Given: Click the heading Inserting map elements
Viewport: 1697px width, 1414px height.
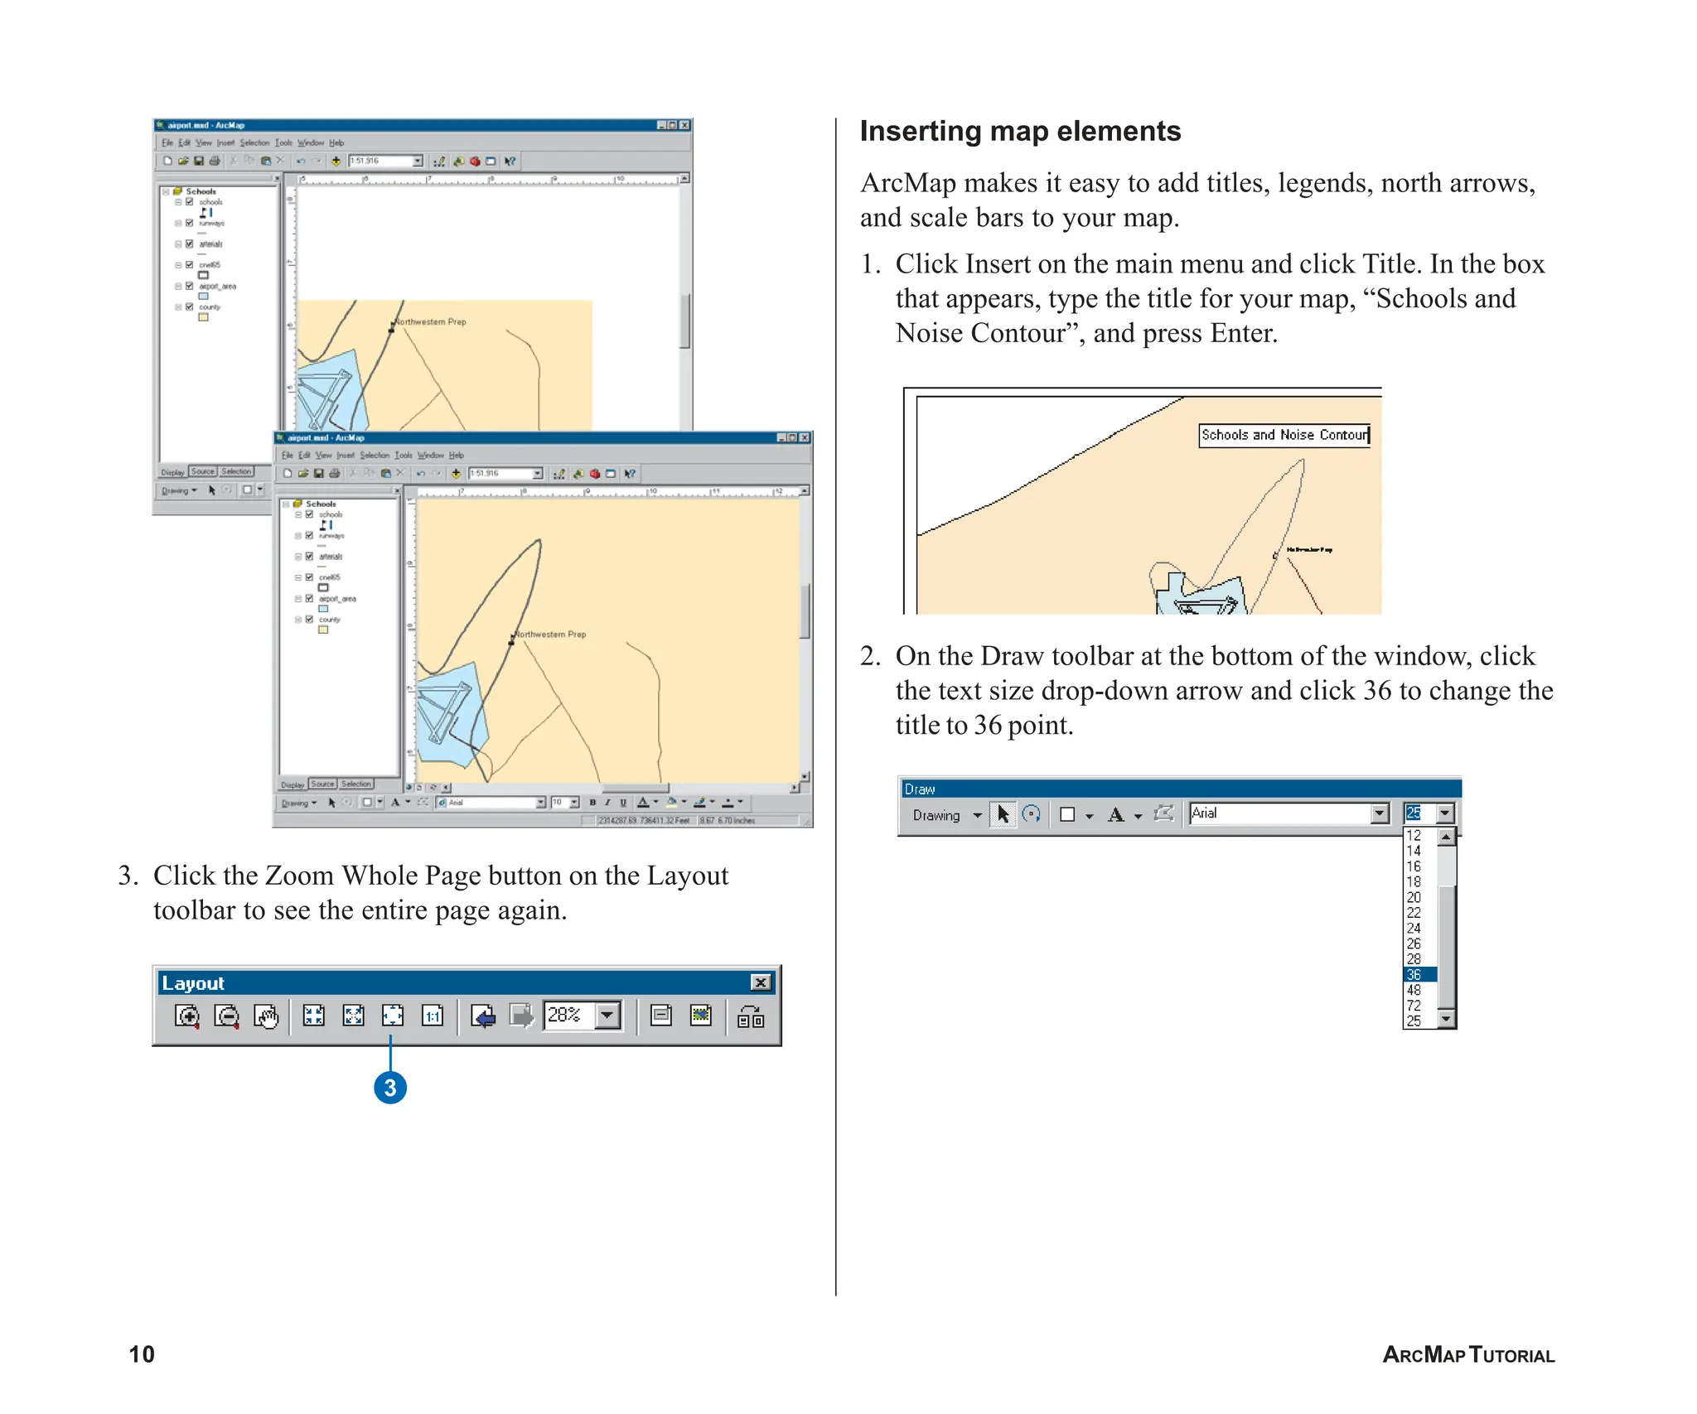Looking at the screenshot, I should click(x=1019, y=132).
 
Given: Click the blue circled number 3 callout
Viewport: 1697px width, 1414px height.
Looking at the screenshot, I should click(x=390, y=1088).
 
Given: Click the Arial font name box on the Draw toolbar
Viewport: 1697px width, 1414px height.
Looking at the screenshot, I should click(x=1279, y=813).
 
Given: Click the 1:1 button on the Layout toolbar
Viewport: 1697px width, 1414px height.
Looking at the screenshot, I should click(x=433, y=1016).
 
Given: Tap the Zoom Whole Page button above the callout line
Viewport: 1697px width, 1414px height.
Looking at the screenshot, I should click(x=392, y=1016).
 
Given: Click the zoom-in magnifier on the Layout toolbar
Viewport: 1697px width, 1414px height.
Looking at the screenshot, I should click(x=187, y=1016).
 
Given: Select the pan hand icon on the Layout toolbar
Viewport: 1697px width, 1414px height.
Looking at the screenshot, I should click(x=266, y=1016).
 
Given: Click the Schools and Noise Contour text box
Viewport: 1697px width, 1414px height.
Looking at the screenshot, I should click(x=1284, y=435).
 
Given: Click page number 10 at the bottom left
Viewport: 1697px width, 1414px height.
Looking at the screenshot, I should click(x=142, y=1354).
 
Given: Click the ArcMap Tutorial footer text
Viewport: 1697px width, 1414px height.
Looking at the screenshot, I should click(x=1467, y=1354).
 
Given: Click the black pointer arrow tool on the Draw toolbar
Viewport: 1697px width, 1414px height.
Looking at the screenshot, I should click(x=1003, y=814).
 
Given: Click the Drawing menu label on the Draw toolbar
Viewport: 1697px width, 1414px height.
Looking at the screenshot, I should click(x=936, y=815).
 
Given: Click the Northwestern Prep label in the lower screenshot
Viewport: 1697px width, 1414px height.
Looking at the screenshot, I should click(x=550, y=635).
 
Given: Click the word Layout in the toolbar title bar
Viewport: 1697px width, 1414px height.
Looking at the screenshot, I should click(x=193, y=983).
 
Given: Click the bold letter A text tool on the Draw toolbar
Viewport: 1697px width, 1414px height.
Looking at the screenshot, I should click(x=1115, y=815).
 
